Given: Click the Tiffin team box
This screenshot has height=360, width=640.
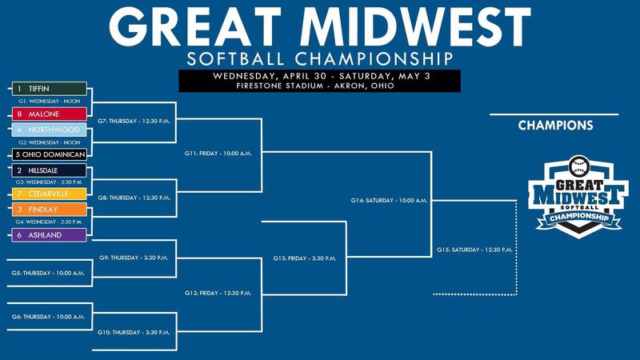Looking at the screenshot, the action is tap(50, 89).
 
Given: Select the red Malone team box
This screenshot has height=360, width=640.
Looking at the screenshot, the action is tap(50, 114).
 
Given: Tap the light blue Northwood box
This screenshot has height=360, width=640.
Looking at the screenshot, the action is tap(50, 130).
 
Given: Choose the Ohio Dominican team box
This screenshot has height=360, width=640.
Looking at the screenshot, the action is tap(50, 154).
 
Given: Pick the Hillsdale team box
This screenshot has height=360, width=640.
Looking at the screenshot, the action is tap(50, 170).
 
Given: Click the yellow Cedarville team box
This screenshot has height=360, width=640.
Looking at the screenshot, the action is tap(50, 194).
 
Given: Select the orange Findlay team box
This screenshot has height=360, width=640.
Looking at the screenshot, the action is tap(50, 210).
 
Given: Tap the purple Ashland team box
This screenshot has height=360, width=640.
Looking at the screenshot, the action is tap(50, 235).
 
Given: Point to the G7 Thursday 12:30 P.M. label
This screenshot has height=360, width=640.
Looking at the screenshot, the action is tap(134, 122).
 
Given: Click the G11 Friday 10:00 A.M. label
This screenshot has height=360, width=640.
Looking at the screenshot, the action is tap(218, 154).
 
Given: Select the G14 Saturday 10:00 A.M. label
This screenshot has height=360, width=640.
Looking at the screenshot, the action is tap(389, 201).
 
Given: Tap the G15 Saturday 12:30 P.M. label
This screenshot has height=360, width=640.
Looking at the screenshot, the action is tap(474, 250).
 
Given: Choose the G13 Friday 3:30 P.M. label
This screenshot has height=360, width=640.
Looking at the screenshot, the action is tap(305, 258).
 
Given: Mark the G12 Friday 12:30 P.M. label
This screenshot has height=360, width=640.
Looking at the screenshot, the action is tap(218, 293).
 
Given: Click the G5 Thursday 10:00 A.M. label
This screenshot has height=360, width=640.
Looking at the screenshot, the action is tap(48, 273).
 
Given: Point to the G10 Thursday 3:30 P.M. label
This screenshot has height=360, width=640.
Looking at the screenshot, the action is tap(134, 333).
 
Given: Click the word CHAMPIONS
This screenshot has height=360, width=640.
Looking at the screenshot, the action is tap(555, 126).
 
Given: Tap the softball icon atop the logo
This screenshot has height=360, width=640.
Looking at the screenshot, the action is tap(579, 166).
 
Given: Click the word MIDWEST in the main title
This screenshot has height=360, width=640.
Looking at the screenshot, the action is tap(415, 26).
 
